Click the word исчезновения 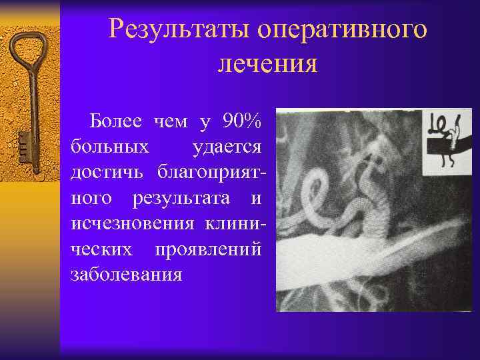pyautogui.click(x=129, y=223)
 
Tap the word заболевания pyautogui.click(x=125, y=273)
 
